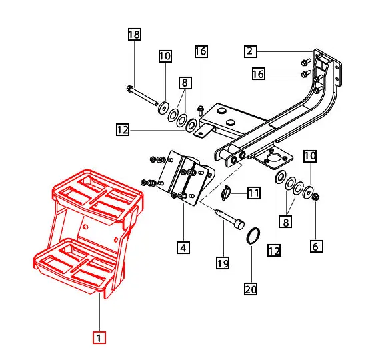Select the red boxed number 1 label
98,338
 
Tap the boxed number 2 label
250,51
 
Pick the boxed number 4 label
183,247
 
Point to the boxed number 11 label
254,193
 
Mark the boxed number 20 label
251,289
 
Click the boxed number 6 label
317,247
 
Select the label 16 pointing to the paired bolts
258,74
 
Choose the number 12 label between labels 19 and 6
274,250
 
